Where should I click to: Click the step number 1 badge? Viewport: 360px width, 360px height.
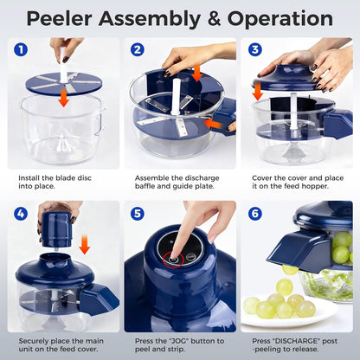pos(20,51)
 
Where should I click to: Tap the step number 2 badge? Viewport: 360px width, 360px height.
pos(138,51)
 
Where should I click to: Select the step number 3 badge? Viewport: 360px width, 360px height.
pos(255,51)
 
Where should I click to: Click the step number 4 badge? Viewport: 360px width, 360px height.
pos(20,212)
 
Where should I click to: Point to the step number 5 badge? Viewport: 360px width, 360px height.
pos(138,212)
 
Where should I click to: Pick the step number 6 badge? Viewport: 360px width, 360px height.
pos(255,212)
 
